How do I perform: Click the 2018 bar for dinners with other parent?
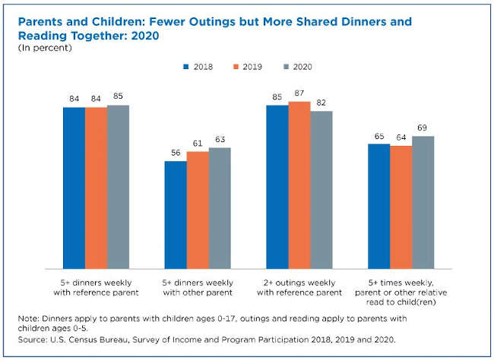(176, 214)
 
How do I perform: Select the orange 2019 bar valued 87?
(299, 185)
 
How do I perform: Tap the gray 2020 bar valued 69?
(423, 202)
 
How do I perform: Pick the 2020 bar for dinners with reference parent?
(118, 187)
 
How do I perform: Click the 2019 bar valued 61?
(198, 210)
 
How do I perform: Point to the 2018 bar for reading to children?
(378, 206)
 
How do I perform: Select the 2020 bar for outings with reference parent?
(321, 190)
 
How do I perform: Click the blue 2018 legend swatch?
(187, 66)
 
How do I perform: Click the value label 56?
(176, 153)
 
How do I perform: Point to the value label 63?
(220, 140)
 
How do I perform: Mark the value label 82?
(321, 103)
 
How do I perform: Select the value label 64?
(401, 137)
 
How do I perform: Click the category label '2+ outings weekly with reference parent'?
(299, 287)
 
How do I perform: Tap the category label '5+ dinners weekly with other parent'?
(198, 287)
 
